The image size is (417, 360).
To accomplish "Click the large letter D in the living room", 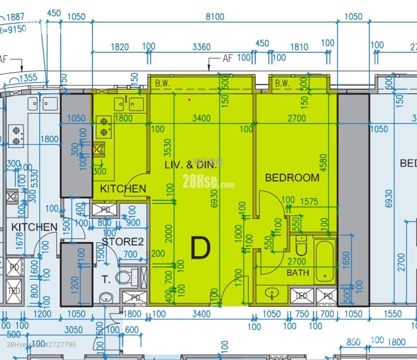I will pos(200,248).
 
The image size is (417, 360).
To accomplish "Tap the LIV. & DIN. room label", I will pos(191,166).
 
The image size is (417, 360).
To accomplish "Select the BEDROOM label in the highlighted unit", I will pos(292,178).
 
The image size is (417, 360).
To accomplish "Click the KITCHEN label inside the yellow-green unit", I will pos(123,188).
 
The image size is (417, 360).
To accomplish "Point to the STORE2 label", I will pos(122,242).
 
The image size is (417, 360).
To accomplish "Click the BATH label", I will pos(298,272).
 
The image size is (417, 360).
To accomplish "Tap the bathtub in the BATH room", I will pos(325,262).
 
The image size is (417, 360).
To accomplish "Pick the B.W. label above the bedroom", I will pos(282,83).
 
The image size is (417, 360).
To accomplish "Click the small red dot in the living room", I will pos(189,99).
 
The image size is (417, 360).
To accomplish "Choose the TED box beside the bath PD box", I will pos(301,296).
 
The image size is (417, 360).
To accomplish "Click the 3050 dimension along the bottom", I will pos(74,329).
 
